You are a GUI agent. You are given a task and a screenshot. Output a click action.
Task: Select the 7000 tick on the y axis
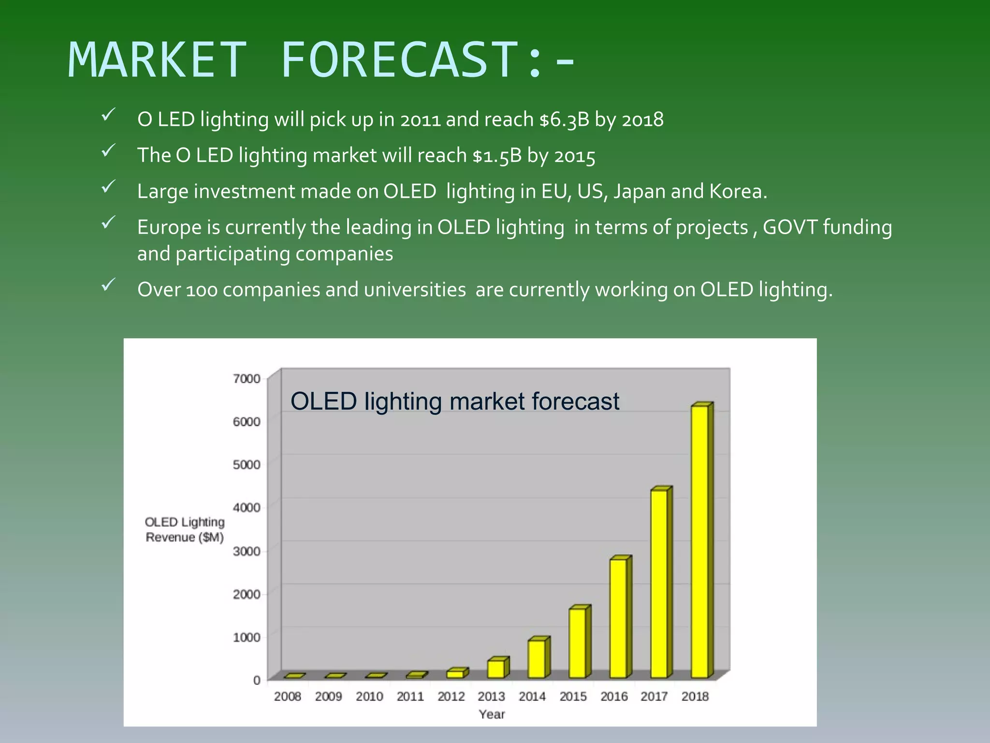247,379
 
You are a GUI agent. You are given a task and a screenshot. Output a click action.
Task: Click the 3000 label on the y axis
247,551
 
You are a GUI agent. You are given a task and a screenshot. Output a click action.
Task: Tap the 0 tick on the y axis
257,680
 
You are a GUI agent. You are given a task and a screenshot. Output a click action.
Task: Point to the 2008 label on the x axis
288,697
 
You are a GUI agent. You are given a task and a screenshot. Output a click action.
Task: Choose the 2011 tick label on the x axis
410,697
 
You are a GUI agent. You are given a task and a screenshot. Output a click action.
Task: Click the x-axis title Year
492,714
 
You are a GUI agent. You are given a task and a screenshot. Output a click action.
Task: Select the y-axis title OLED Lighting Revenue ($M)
185,530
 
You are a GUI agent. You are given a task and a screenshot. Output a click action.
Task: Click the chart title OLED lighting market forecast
454,401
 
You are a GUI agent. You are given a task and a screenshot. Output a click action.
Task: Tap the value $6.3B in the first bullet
564,119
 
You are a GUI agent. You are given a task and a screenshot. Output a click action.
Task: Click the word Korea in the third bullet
737,192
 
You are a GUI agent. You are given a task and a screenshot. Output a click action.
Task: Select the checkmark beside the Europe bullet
108,223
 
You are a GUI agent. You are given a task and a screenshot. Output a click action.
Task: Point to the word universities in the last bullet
415,290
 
